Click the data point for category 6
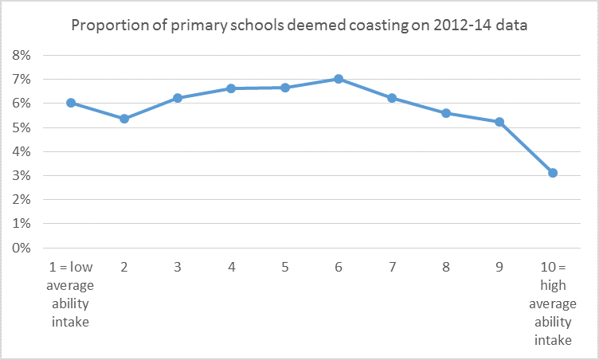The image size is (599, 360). (339, 79)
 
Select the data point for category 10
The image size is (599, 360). (553, 173)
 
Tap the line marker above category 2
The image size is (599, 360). (124, 119)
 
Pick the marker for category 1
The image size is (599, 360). (71, 103)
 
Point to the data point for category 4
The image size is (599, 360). (231, 88)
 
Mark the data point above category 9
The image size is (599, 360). (499, 122)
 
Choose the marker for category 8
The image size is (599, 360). (446, 113)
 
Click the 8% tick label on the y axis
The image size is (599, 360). (21, 56)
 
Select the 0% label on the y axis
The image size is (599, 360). (21, 248)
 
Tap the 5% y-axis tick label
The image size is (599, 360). (21, 127)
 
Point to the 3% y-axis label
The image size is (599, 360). (21, 176)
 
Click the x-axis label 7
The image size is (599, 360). (392, 267)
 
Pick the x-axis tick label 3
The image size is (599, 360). (178, 267)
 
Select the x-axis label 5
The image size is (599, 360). (285, 267)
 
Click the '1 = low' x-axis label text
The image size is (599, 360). (71, 267)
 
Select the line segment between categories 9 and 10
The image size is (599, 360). (526, 147)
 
